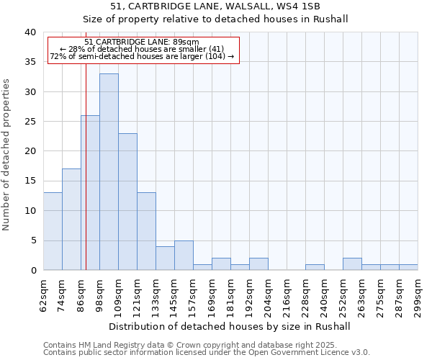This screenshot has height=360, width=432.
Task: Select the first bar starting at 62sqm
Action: pos(53,231)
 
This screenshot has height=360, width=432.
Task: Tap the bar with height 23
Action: pos(127,202)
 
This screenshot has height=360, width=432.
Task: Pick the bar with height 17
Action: pos(71,219)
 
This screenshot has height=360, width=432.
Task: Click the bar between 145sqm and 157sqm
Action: pos(184,255)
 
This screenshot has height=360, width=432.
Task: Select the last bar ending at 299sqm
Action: pos(408,267)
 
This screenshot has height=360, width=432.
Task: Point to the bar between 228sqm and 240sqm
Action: pos(315,267)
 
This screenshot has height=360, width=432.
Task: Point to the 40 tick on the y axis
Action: pos(30,32)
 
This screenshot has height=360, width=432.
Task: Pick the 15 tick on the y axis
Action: pos(30,181)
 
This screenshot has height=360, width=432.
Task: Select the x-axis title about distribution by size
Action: pos(230,326)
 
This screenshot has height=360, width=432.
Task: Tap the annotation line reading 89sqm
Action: pos(142,42)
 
